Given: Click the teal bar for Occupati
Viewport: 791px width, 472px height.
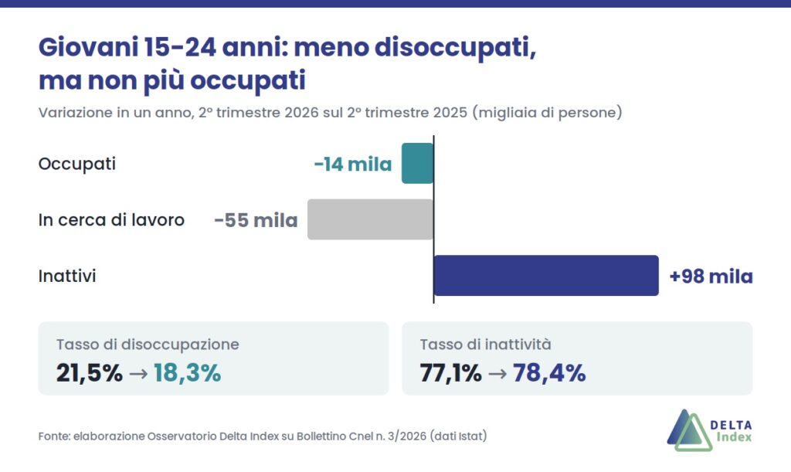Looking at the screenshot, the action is (418, 164).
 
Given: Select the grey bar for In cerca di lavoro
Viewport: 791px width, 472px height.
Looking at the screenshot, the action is (371, 219).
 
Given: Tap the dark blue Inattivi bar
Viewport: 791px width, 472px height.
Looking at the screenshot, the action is (546, 275).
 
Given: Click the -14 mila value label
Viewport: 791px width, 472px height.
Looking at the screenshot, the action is (352, 165).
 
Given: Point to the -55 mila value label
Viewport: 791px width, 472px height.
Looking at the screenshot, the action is (256, 220).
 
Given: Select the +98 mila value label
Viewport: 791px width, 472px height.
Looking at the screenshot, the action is (711, 277).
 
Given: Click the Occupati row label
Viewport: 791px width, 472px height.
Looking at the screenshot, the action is (77, 165).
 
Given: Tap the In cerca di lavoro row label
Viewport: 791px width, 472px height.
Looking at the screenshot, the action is (111, 220).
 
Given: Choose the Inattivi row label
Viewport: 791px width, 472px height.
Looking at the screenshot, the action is (67, 276).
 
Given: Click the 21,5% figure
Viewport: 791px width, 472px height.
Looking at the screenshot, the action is (90, 374).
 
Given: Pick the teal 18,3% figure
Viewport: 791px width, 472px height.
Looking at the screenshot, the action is (187, 374).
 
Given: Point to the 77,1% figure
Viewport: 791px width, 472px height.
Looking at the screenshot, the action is (450, 374).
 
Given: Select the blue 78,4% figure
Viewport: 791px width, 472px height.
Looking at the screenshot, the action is (549, 374).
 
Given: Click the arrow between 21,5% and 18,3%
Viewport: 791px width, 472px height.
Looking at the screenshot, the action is (138, 374).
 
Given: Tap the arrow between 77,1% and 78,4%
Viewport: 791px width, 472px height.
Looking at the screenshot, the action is (497, 374).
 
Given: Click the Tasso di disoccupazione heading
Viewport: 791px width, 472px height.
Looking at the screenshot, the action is (148, 345).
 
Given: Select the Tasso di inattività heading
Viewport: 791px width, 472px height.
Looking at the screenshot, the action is (485, 345).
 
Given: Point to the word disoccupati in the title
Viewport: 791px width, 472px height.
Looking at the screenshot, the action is (455, 49).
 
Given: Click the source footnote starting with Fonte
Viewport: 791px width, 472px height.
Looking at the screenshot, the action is (263, 436).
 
